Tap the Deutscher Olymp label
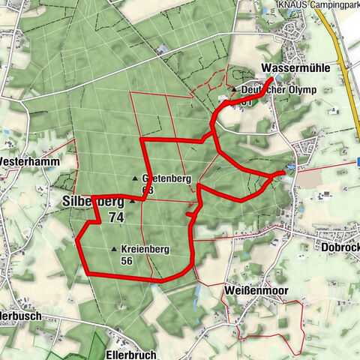click(278, 90)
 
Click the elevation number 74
click(115, 217)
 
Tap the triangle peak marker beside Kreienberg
click(114, 249)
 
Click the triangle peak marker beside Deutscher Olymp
click(234, 90)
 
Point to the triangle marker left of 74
click(133, 201)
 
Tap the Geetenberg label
click(167, 178)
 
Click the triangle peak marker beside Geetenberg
click(135, 178)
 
